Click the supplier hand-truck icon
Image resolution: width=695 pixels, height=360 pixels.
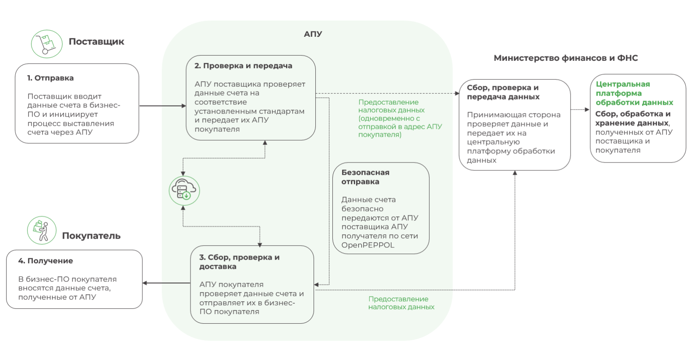[x=46, y=44]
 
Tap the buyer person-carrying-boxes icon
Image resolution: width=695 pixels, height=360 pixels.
[x=42, y=230]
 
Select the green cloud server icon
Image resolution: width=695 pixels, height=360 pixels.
[x=184, y=191]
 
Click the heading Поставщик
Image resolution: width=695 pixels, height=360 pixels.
[x=96, y=42]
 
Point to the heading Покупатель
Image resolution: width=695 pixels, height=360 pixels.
[x=91, y=236]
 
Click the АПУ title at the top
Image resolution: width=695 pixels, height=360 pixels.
[x=313, y=34]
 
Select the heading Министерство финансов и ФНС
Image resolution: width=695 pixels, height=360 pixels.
[x=565, y=58]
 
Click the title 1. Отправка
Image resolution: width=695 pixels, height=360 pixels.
[x=50, y=78]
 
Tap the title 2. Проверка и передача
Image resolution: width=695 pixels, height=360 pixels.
[x=243, y=66]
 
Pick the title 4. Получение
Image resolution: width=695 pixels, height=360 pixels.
[x=46, y=261]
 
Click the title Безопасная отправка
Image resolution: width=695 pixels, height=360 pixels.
[x=365, y=177]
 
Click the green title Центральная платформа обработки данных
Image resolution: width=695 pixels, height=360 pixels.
[x=634, y=93]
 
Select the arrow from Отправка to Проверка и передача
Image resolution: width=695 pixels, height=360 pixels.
[x=162, y=106]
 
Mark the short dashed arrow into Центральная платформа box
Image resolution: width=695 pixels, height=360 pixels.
[x=581, y=109]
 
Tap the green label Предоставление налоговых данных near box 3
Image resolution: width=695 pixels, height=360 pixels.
[x=401, y=303]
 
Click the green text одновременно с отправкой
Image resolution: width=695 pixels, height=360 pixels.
[x=389, y=123]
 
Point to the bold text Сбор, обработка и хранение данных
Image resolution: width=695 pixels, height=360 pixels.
[x=633, y=118]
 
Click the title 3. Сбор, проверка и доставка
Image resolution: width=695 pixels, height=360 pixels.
[x=239, y=261]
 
